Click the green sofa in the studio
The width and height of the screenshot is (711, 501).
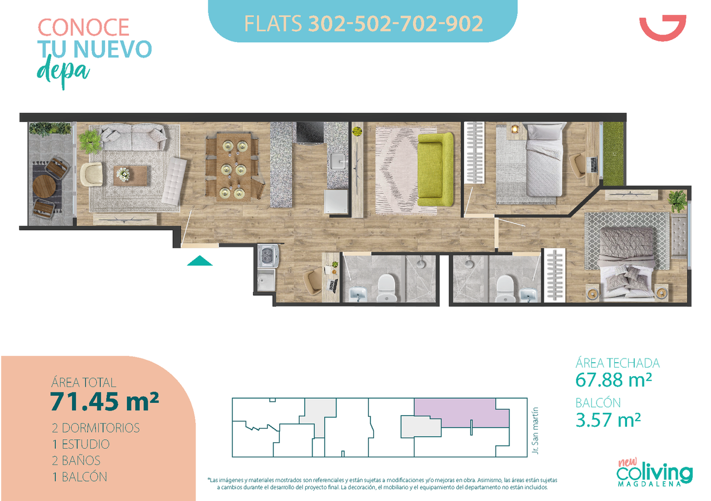435,170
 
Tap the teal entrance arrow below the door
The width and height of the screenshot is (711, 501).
199,261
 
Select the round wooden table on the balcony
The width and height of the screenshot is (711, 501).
44,186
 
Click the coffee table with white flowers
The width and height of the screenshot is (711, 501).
130,175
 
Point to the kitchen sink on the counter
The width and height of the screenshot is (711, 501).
337,161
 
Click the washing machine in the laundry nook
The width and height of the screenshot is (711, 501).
268,256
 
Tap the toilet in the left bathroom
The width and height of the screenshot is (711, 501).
387,288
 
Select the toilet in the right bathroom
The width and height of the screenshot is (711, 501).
505,288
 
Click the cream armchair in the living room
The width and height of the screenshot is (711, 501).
91,174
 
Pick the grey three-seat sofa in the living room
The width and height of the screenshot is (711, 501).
132,137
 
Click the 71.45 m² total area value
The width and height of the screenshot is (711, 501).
105,402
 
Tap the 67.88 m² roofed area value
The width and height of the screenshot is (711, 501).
613,380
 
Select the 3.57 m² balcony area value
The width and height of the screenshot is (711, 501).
608,420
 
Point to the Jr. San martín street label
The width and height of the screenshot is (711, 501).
535,430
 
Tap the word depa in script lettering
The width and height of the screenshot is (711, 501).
63,72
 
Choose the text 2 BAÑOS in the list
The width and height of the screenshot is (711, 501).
76,461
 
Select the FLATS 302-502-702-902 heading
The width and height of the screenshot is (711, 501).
363,24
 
